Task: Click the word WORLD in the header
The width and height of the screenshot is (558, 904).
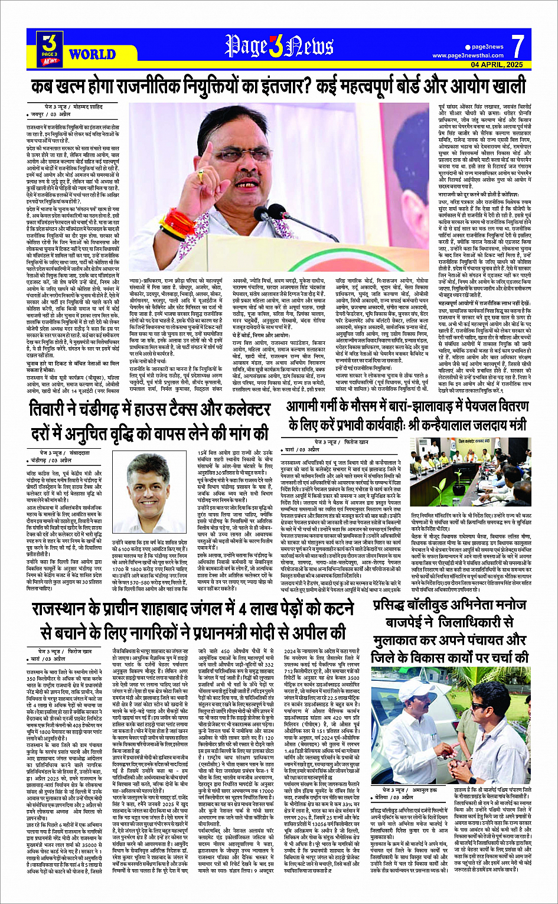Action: (x=92, y=54)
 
